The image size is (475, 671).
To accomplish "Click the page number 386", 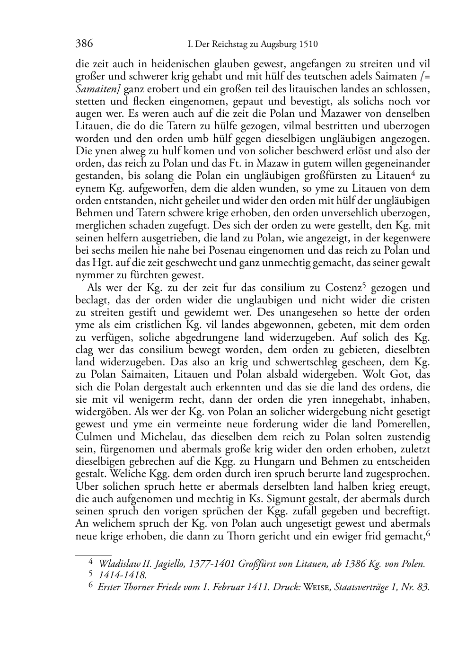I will (84, 44).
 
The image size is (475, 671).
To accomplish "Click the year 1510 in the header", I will (308, 45).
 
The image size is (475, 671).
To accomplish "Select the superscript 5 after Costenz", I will (364, 284).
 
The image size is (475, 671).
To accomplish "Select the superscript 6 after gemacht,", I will (427, 533).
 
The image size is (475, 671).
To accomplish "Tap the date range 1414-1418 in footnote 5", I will (122, 575).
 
